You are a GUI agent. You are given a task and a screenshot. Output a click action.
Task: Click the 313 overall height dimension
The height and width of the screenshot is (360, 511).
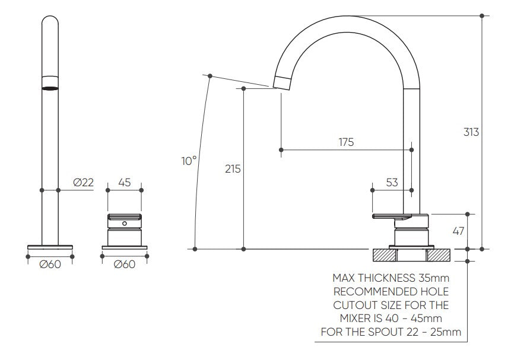click(471, 132)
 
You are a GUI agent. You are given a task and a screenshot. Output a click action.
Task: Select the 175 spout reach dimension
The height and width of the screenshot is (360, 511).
click(346, 142)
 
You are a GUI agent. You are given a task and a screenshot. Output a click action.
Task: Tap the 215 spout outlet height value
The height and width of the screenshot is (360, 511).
click(233, 169)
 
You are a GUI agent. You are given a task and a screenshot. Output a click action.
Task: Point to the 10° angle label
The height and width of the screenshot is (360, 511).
click(189, 161)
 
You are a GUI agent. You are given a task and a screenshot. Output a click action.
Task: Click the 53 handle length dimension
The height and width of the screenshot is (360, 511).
click(392, 183)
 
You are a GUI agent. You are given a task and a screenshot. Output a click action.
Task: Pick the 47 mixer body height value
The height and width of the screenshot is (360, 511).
click(458, 231)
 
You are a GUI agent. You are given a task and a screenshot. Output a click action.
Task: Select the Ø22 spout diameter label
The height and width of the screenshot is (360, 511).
click(84, 183)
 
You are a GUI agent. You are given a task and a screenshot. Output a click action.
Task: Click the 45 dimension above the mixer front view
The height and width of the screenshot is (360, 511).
click(125, 183)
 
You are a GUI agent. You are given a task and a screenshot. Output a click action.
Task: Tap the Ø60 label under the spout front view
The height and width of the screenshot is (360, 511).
click(50, 264)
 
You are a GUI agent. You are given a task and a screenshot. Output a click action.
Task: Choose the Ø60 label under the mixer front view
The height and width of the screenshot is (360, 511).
click(125, 264)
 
